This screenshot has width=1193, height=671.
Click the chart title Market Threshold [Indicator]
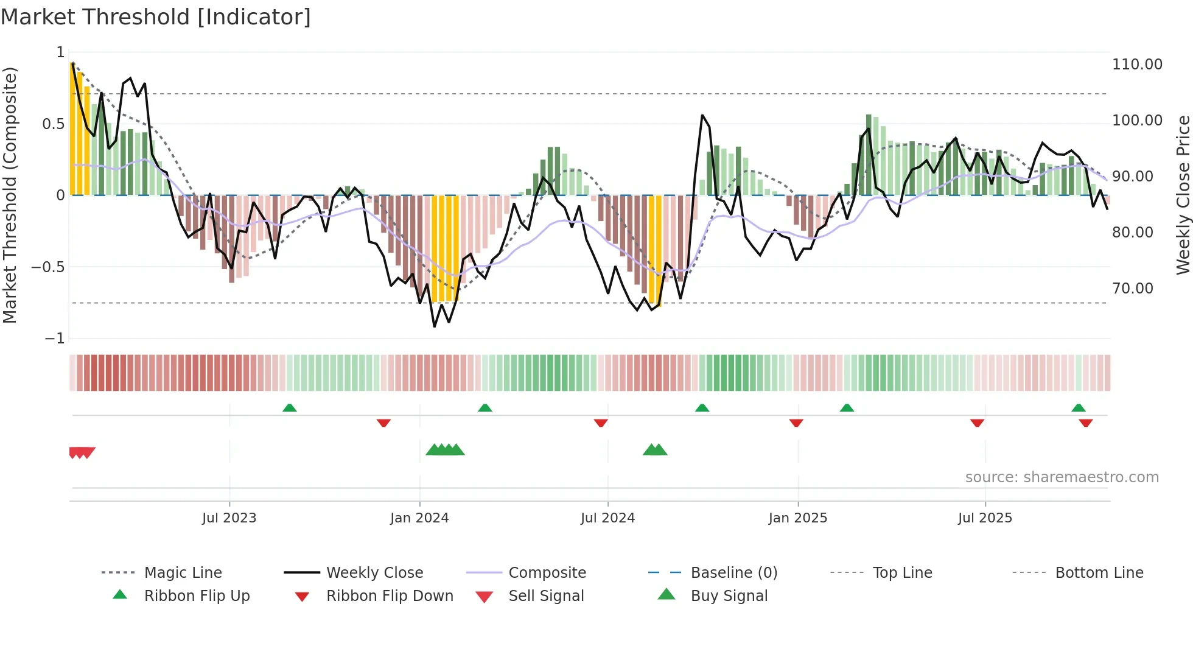pyautogui.click(x=156, y=17)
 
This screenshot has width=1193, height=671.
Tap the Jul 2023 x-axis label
pyautogui.click(x=229, y=518)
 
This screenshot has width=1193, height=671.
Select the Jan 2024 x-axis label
pyautogui.click(x=419, y=518)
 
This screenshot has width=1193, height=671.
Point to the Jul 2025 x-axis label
pyautogui.click(x=985, y=518)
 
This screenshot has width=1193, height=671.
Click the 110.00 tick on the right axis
pyautogui.click(x=1137, y=65)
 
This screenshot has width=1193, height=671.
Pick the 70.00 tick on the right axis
pyautogui.click(x=1132, y=289)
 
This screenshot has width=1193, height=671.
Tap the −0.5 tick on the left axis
pyautogui.click(x=48, y=267)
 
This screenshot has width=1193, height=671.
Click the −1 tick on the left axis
pyautogui.click(x=55, y=339)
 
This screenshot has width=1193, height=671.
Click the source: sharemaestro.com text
pyautogui.click(x=1062, y=477)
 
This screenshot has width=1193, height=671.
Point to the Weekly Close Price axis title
pyautogui.click(x=1183, y=195)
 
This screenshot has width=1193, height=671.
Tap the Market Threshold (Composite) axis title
pyautogui.click(x=10, y=195)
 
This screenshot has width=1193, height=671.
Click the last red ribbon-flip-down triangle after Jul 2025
pyautogui.click(x=1085, y=423)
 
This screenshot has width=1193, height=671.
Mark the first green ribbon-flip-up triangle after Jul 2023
pyautogui.click(x=290, y=408)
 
